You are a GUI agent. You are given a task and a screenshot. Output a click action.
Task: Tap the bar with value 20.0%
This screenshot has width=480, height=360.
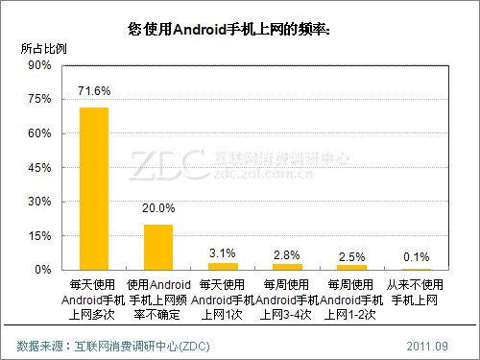coord(158,247)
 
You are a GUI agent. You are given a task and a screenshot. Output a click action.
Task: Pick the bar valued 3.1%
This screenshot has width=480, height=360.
coord(223,266)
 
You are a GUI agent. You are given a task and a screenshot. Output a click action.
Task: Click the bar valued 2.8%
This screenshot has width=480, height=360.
coord(287,266)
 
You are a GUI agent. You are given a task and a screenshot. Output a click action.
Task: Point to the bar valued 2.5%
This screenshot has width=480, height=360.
coord(351,267)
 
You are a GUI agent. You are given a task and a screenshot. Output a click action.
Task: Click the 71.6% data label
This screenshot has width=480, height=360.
coord(94,91)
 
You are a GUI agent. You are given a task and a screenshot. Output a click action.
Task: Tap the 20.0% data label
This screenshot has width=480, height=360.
coord(158,208)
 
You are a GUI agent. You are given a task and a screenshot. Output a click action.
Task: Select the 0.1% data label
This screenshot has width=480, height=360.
coord(416,255)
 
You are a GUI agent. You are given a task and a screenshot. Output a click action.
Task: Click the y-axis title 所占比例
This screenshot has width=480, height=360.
coord(43,47)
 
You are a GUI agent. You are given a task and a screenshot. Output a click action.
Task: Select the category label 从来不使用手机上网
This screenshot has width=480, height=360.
coord(416,293)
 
